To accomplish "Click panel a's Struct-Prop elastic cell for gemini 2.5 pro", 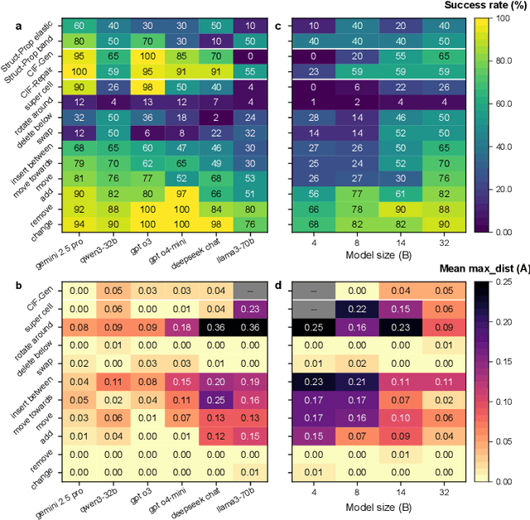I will point(79,26).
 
